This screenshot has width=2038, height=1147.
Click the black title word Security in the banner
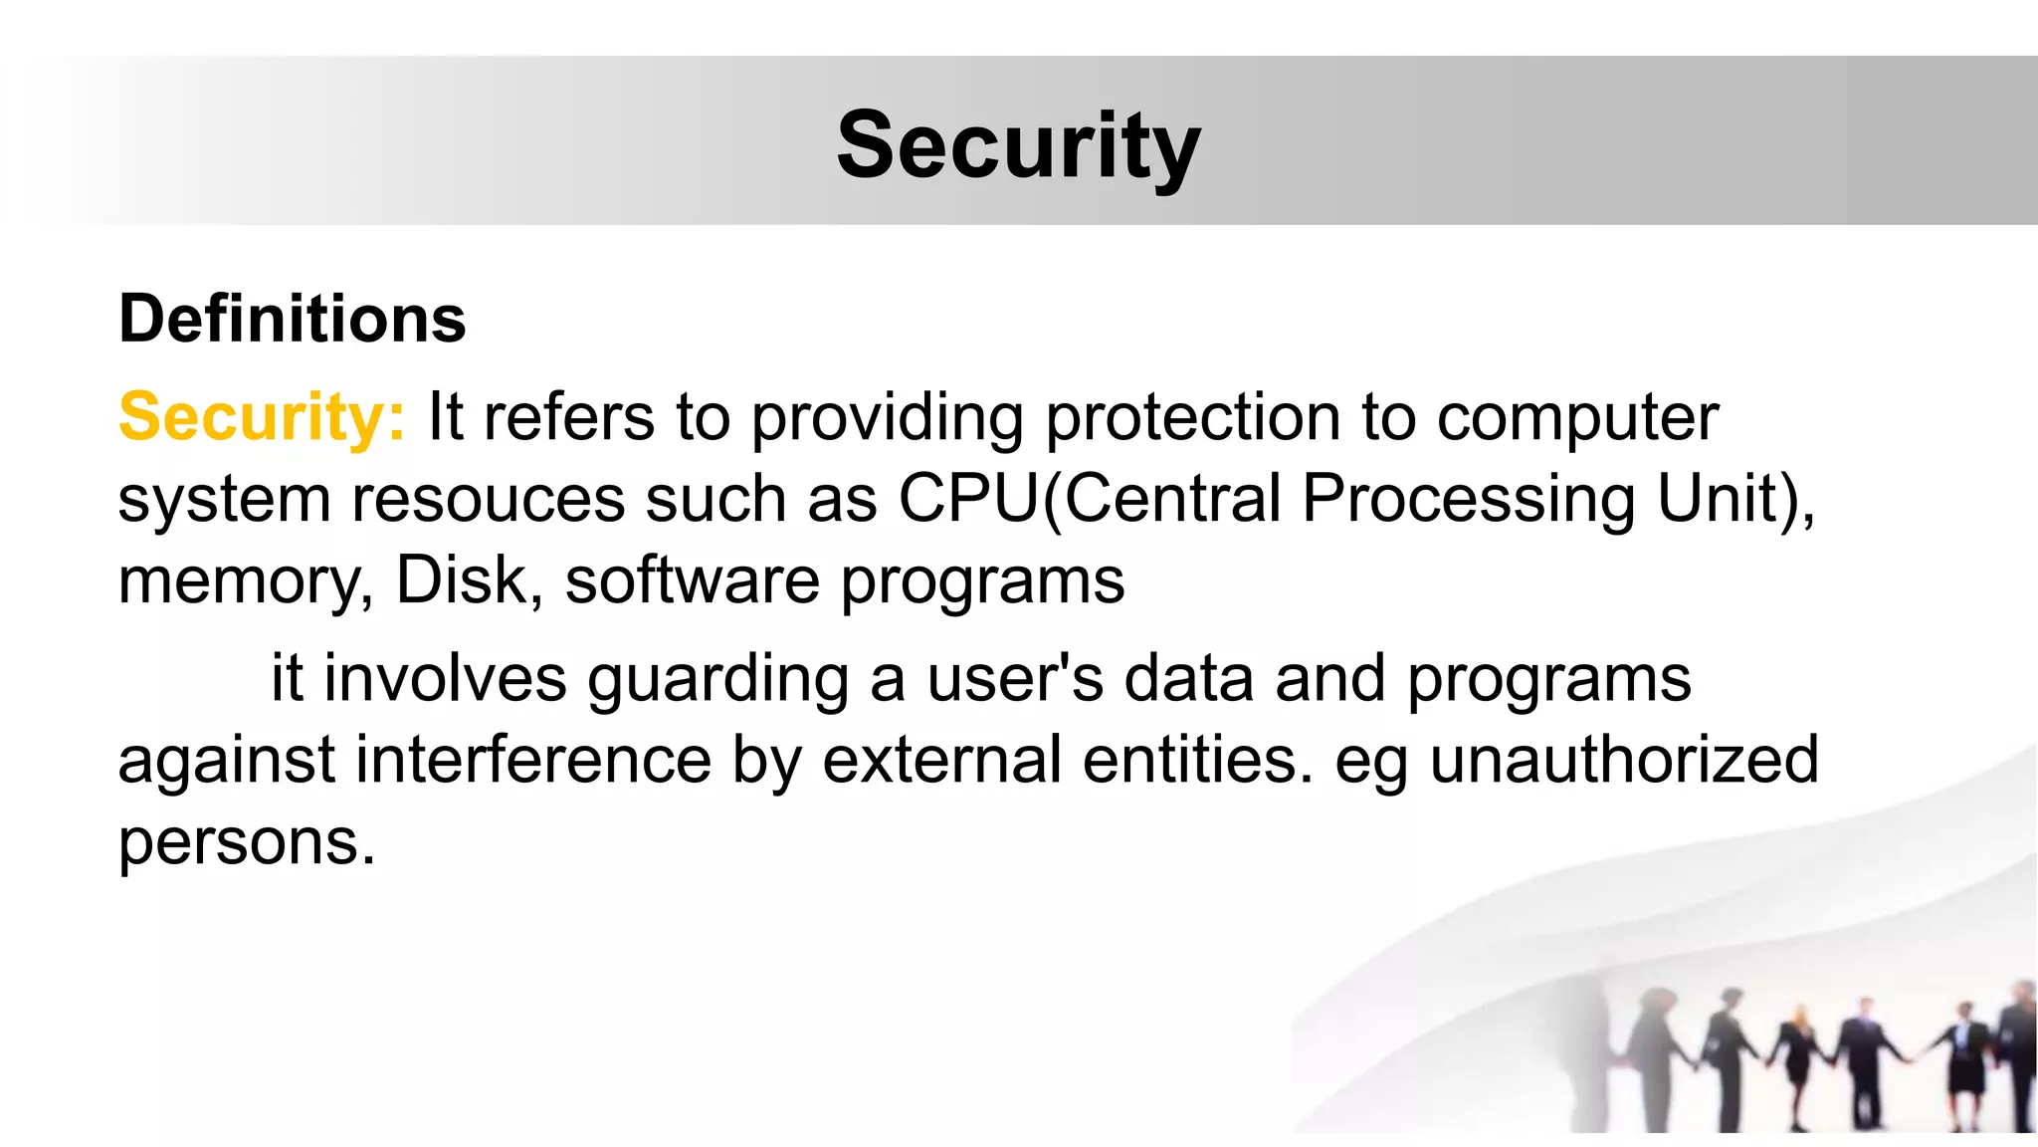point(1018,146)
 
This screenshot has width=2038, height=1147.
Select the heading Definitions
point(292,319)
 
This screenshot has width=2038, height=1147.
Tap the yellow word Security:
point(262,416)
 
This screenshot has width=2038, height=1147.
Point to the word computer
point(1577,416)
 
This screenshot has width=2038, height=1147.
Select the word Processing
point(1468,498)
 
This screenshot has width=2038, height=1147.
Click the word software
point(692,579)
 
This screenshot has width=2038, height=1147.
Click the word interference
point(533,760)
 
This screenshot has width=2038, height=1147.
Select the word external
point(941,760)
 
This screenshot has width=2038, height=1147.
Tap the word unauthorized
point(1624,760)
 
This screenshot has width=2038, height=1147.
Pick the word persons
point(246,842)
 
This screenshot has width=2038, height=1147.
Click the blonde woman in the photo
point(1799,1055)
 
